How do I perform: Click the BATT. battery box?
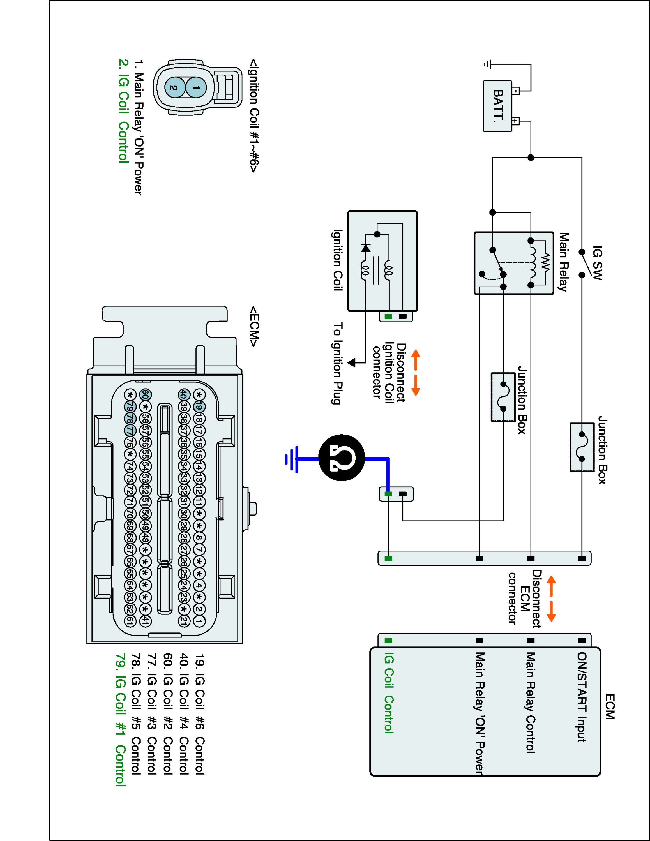point(497,106)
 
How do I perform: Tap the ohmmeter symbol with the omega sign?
point(342,459)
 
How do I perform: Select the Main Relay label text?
point(563,262)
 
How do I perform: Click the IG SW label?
point(597,263)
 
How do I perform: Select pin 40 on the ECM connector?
point(183,395)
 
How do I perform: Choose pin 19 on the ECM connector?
point(199,407)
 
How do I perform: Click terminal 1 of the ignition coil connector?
point(196,88)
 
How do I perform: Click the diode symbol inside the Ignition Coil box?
point(366,248)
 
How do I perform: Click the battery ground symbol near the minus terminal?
point(487,64)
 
